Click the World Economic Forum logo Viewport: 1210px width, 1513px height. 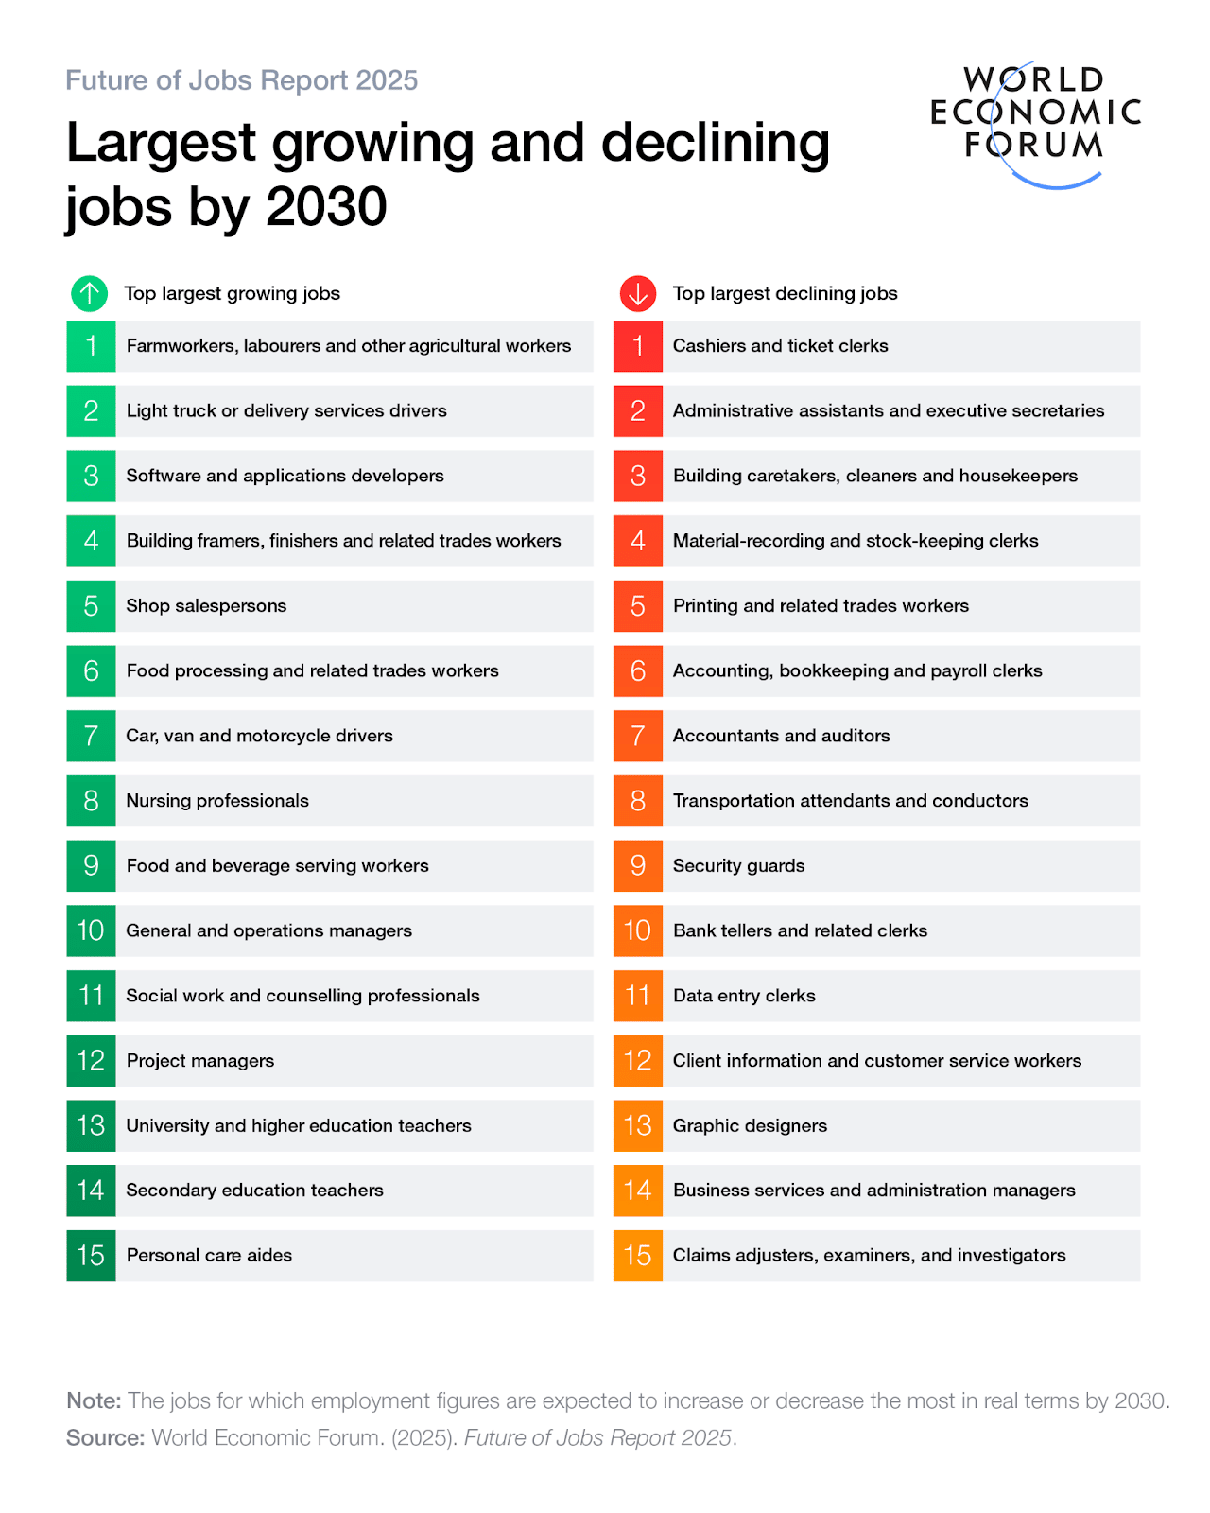tap(1035, 123)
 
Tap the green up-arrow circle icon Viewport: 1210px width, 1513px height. tap(90, 294)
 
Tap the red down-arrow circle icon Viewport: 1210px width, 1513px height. tap(638, 294)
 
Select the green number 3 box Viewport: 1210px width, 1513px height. tap(91, 476)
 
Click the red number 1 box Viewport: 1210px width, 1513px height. tap(638, 346)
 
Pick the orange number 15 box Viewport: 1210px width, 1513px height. tap(638, 1256)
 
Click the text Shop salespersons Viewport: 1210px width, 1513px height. tap(206, 606)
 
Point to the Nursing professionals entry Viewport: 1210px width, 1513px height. tap(217, 801)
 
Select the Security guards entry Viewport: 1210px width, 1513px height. tap(738, 866)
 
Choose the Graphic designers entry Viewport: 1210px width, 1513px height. tap(750, 1126)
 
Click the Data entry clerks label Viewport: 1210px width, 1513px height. tap(744, 996)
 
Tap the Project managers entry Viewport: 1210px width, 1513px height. tap(200, 1061)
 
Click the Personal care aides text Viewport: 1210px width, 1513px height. tap(209, 1256)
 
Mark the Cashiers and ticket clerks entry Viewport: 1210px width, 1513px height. tap(780, 346)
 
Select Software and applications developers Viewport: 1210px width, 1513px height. tap(285, 476)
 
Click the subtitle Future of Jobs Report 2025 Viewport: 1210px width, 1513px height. tap(241, 80)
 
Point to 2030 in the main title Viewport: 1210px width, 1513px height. tap(326, 206)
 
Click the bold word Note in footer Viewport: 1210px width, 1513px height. tap(94, 1400)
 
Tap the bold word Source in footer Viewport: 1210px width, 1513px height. tap(104, 1438)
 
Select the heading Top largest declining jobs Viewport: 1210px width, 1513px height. tap(785, 294)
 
